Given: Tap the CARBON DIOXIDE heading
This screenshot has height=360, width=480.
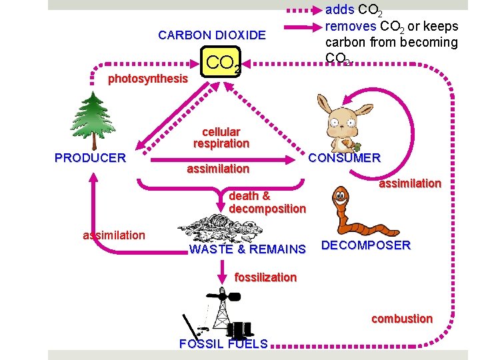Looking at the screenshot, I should click(x=211, y=35).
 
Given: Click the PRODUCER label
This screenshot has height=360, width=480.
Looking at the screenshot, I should click(x=90, y=158).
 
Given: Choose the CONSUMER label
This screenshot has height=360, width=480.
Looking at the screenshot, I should click(x=344, y=158).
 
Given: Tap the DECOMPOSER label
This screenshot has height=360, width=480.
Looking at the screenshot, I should click(x=366, y=245).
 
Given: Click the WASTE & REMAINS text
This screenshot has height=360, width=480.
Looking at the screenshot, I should click(x=247, y=250).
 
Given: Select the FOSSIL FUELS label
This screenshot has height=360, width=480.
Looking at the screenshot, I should click(x=223, y=344).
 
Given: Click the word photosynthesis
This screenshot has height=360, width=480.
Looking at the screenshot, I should click(x=148, y=79).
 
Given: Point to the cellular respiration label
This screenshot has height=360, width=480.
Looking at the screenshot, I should click(x=221, y=137).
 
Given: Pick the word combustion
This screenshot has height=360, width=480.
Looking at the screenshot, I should click(x=401, y=319).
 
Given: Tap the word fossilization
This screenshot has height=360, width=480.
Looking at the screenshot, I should click(x=265, y=277).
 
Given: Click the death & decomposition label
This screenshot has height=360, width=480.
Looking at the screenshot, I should click(x=267, y=203).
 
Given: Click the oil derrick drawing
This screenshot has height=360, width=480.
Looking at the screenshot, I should click(x=220, y=313).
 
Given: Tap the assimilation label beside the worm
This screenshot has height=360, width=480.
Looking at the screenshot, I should click(x=410, y=183).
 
